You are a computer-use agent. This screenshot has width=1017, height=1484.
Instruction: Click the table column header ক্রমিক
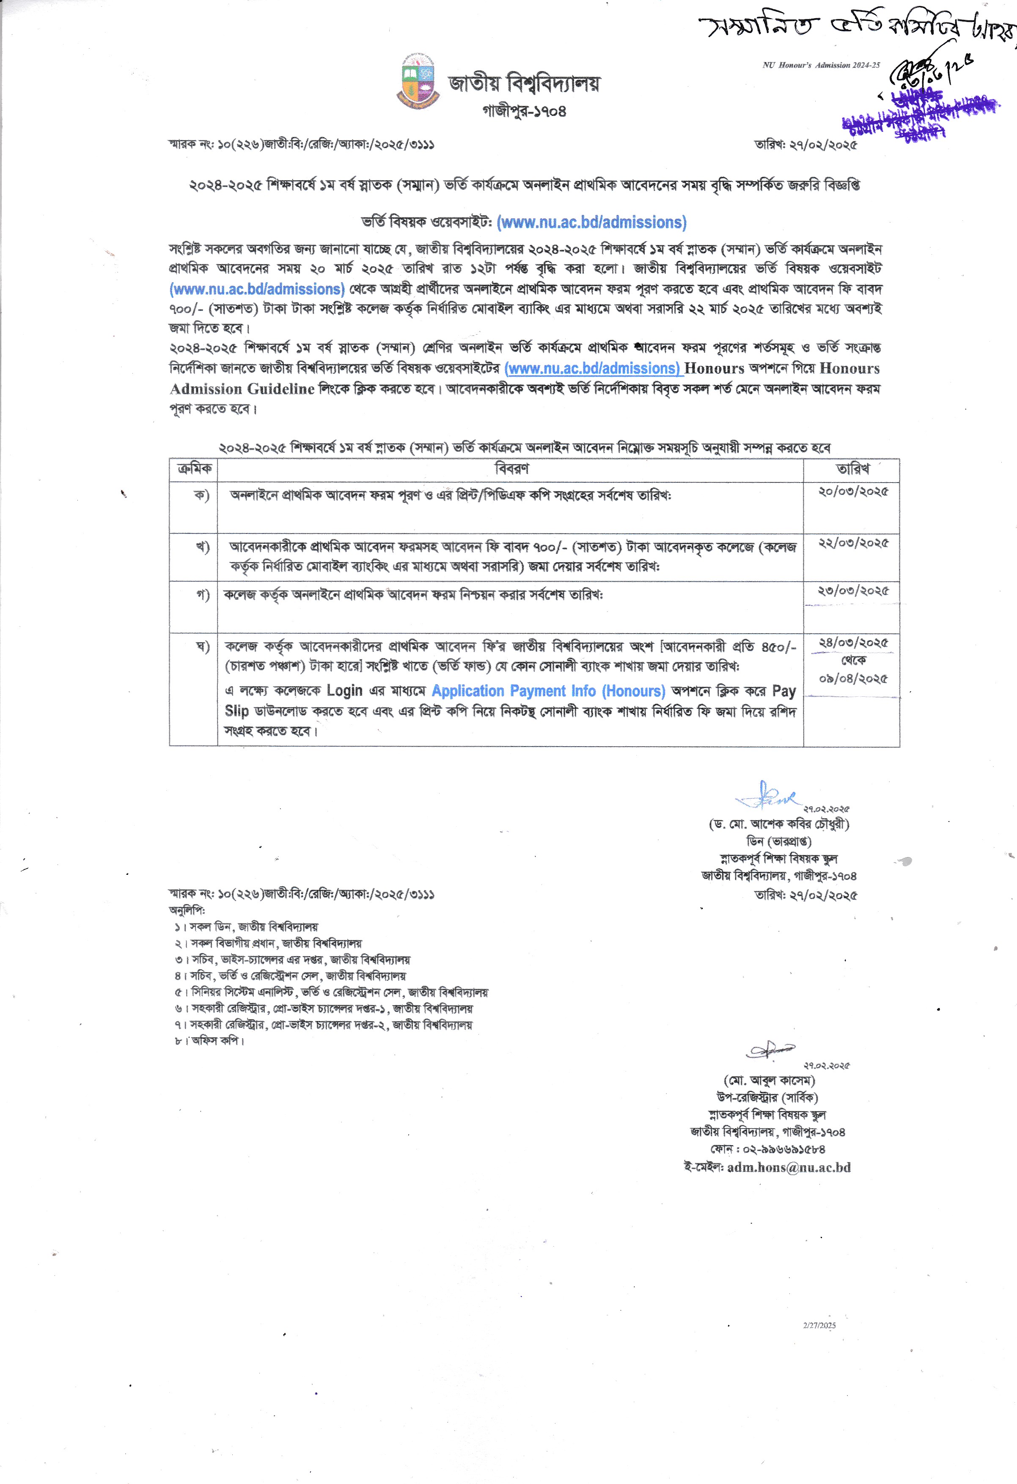194,469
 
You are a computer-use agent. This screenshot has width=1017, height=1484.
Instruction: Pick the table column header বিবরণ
511,469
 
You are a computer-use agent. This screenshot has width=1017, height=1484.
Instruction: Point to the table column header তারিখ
852,469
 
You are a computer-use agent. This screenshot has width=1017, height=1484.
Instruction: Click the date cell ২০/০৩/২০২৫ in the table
853,492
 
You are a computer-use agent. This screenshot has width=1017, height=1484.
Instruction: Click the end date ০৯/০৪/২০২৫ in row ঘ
853,678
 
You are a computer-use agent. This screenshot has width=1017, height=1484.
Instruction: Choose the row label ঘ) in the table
202,647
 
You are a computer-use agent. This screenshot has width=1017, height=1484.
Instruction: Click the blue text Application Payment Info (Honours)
548,691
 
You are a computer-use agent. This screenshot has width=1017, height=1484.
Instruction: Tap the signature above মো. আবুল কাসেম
770,1049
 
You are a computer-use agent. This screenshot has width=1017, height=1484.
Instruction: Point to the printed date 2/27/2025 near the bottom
819,1325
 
